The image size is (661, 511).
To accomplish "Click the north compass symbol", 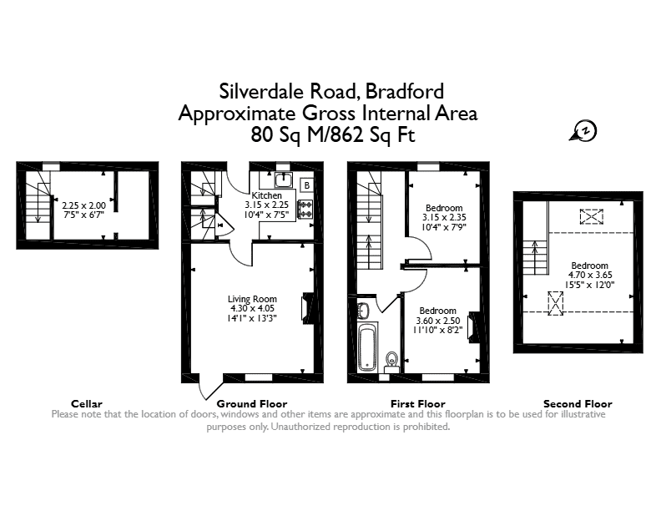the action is point(584,131).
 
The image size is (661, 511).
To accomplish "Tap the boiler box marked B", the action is point(307,185).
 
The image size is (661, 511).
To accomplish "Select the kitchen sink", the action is point(284,180).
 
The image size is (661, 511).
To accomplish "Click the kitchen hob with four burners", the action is point(305,209).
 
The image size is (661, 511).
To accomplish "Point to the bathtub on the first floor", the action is point(368,347).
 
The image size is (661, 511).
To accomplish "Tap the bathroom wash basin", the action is point(363,311).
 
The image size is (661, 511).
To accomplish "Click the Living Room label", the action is point(252,299).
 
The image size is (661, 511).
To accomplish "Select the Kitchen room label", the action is point(267,195).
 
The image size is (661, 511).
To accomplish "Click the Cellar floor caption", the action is point(87,403).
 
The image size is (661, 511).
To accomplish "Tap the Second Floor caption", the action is point(578,403).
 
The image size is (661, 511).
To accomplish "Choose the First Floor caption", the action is point(418,403).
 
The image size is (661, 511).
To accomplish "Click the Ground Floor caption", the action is point(252,403).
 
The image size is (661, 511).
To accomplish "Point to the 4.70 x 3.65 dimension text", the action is point(590,275).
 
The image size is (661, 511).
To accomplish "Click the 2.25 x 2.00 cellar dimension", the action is point(84,205).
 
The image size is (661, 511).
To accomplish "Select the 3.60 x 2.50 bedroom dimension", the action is point(438,321).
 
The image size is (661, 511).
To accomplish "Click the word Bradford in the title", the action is point(405,91).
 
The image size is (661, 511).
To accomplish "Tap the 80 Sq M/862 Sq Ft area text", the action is point(333,135).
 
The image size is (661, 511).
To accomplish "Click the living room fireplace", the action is point(307,308).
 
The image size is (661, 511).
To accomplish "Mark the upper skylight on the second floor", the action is point(592,217).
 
